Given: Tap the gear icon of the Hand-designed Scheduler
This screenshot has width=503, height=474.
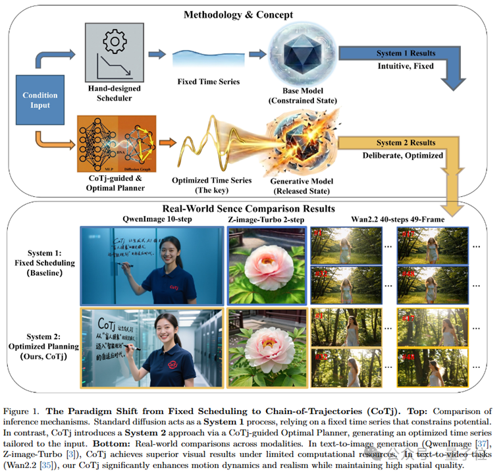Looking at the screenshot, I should tap(115, 43).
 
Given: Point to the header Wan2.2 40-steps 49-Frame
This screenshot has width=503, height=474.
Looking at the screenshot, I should tap(397, 219).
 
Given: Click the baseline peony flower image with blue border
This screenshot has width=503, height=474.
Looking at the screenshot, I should tap(265, 263).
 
